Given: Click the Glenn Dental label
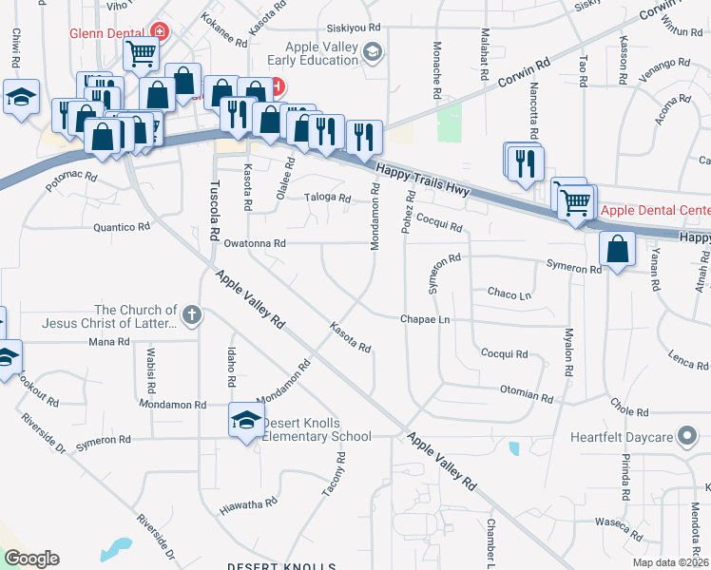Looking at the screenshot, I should coord(104,32).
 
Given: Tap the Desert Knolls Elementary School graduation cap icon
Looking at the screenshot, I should coord(245,420).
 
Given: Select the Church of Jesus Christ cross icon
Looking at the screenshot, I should coord(191,315).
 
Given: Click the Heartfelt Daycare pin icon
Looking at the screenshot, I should coord(687,437).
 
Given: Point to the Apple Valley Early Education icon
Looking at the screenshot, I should coord(374,51).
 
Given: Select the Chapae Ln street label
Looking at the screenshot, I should coord(424,320).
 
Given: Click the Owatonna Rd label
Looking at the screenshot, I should coord(255,244).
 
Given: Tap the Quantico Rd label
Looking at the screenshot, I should coord(122,227).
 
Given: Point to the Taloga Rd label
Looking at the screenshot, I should coord(328,199).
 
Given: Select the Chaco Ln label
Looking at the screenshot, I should coord(509,294).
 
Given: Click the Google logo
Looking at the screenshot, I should coord(31,559).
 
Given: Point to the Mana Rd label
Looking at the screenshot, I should coord(107,341).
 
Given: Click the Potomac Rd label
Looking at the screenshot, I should coord(72,179).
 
